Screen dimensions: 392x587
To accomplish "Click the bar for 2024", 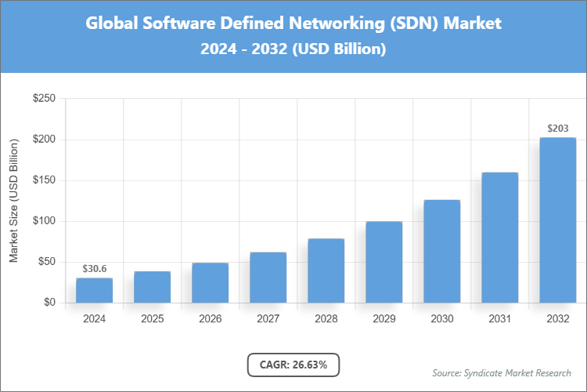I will click(94, 290).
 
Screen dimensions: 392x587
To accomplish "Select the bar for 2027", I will click(268, 278).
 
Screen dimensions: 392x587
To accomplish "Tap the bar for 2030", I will click(441, 251).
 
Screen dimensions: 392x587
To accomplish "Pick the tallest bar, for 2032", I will click(557, 220).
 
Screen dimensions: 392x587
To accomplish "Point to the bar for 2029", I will click(384, 262).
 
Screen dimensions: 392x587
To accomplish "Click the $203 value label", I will click(557, 129).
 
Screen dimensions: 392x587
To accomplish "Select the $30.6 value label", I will click(94, 269).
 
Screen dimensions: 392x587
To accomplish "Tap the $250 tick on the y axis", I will click(43, 99).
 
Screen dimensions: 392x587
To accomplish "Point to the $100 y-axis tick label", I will click(43, 221).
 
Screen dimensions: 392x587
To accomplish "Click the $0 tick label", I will click(49, 303).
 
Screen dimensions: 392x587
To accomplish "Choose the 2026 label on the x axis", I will click(210, 319).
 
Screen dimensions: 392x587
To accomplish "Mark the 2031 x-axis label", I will click(499, 319).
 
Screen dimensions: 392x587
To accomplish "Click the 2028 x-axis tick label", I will click(326, 319).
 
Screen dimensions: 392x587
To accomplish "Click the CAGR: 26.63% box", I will click(293, 364).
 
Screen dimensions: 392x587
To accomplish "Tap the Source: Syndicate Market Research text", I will click(501, 372).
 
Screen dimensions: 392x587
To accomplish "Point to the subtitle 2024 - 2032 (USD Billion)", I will click(293, 49).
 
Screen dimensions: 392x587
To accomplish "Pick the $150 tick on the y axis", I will click(43, 180).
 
